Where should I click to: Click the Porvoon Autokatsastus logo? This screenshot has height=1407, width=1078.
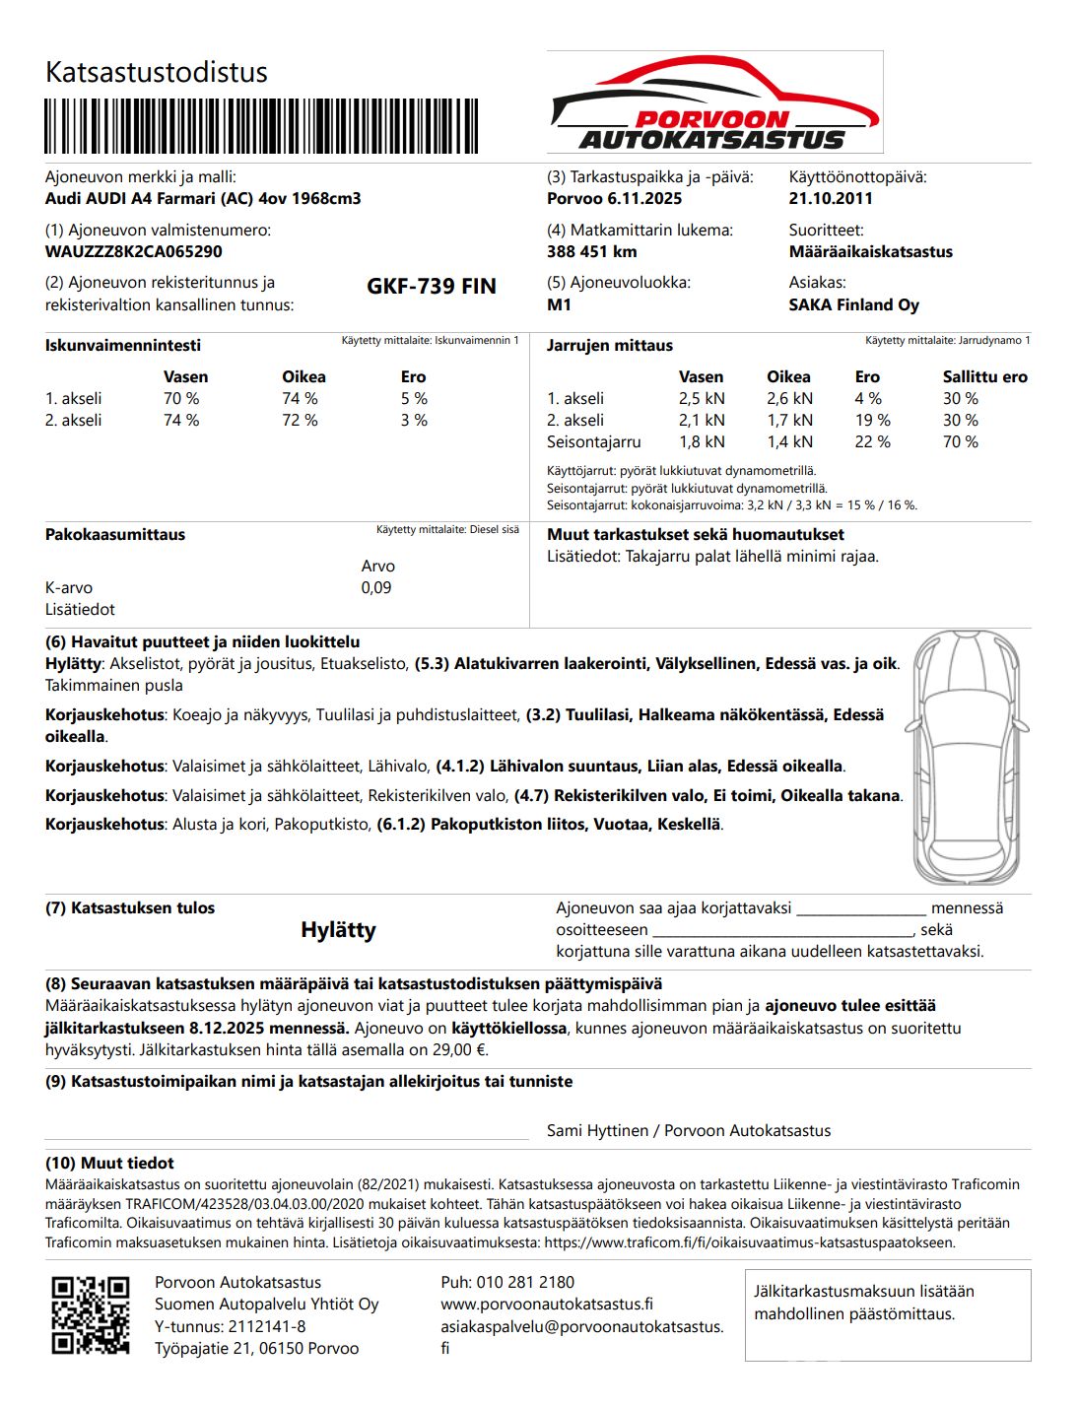714,102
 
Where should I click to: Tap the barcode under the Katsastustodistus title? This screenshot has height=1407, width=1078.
261,126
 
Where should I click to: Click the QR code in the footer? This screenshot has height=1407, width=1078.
91,1314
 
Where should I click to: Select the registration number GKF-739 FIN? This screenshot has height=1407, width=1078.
432,287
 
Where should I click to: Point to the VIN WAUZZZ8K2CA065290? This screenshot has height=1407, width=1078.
134,251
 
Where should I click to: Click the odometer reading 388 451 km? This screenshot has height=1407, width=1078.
592,251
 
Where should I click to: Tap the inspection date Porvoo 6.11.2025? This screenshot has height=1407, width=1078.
614,198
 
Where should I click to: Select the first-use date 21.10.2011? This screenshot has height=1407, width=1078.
831,198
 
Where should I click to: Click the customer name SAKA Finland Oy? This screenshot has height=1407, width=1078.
853,304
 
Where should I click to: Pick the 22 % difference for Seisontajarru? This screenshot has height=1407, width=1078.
872,442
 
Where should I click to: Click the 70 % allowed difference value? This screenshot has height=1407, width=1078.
960,442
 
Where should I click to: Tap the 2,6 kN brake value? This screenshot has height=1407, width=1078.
789,399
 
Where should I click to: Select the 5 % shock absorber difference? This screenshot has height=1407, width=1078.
414,399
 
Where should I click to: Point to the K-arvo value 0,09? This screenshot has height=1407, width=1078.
376,588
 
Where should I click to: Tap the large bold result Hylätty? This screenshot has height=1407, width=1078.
338,930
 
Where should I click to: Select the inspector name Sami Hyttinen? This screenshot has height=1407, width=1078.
597,1131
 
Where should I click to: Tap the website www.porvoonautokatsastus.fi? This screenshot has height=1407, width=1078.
547,1304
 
